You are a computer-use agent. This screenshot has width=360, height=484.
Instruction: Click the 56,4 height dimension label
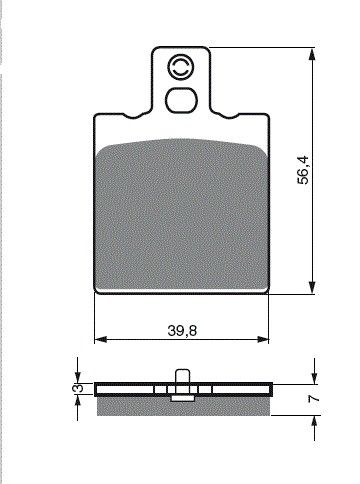pos(304,170)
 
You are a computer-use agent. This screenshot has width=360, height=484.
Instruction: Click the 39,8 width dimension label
pos(182,331)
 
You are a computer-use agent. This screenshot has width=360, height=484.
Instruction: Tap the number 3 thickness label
pos(78,388)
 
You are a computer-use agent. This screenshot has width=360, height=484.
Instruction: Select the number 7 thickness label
pos(314,398)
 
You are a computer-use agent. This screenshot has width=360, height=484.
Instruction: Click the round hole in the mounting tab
pos(181,68)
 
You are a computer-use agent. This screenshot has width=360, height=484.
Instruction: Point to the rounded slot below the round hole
pos(182,100)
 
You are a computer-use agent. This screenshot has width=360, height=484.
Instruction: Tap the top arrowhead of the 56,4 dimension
pos(312,55)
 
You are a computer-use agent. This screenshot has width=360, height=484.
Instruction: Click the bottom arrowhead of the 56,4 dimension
pos(312,287)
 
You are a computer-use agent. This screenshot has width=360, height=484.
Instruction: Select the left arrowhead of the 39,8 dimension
pos(101,340)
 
